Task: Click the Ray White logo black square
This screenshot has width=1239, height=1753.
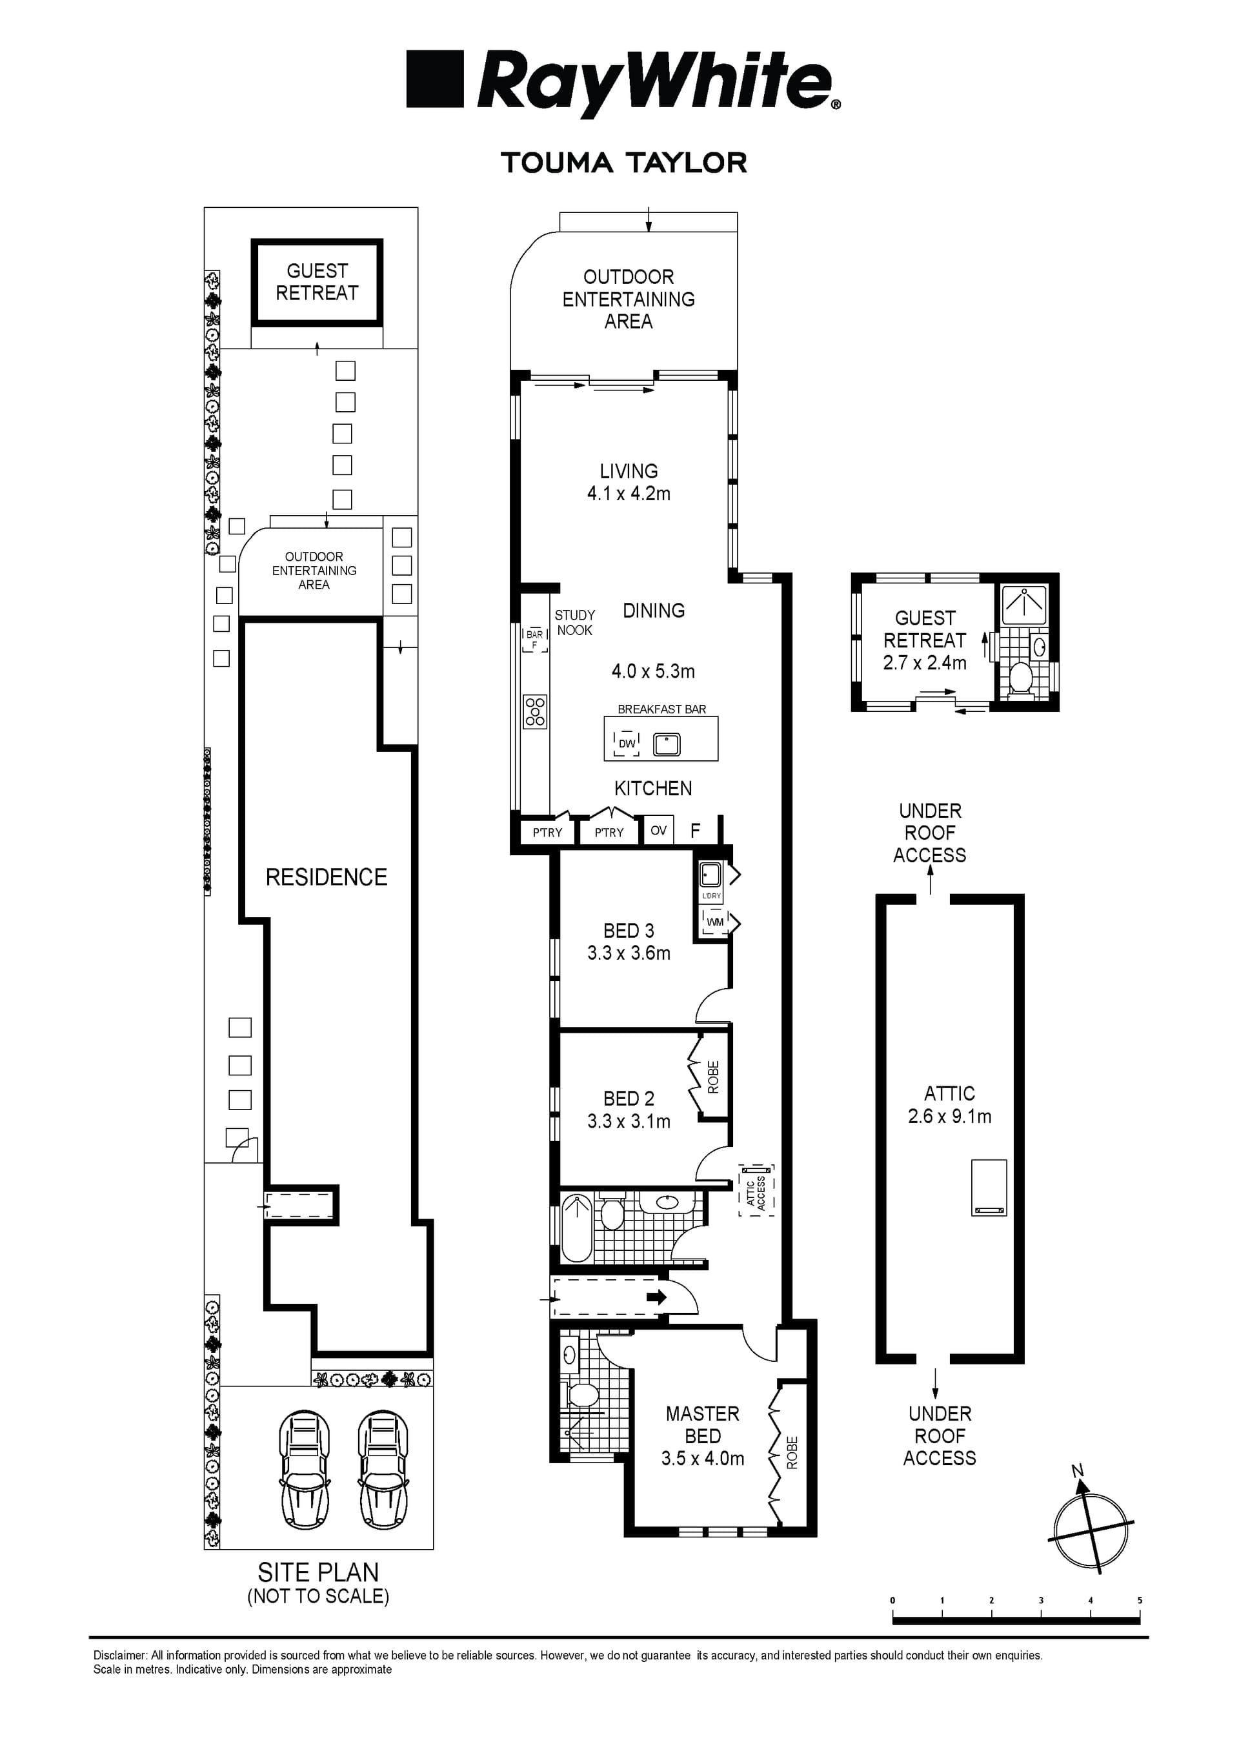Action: (434, 79)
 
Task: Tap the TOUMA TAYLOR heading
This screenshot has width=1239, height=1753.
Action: (624, 163)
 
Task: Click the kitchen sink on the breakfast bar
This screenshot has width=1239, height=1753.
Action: (667, 744)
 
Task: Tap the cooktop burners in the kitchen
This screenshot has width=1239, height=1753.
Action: (535, 711)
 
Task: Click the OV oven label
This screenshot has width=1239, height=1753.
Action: (659, 831)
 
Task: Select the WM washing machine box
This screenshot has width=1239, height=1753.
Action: (714, 922)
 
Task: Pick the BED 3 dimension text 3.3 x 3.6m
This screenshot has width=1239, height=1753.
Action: (629, 953)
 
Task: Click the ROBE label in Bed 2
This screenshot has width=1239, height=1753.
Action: (714, 1077)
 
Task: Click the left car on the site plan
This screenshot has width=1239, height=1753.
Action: (305, 1470)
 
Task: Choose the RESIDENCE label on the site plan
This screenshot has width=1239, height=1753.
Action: (326, 877)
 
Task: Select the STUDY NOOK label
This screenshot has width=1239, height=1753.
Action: (575, 622)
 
